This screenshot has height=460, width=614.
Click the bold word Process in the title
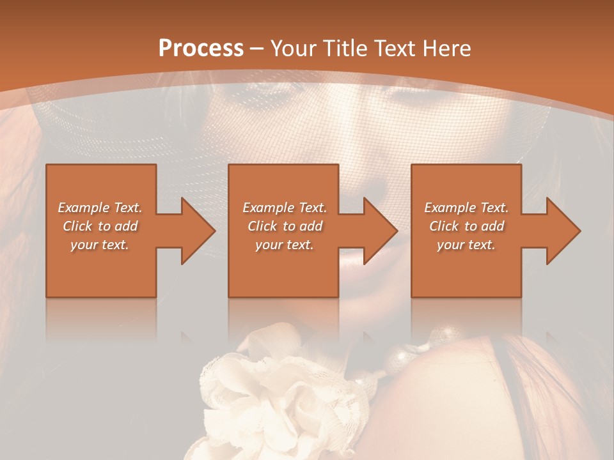pyautogui.click(x=201, y=49)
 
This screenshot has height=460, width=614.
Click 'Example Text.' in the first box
pyautogui.click(x=100, y=208)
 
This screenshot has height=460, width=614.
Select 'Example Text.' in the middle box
pyautogui.click(x=284, y=208)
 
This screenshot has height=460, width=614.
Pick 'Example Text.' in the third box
pyautogui.click(x=466, y=208)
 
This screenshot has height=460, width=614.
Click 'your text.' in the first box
pyautogui.click(x=100, y=245)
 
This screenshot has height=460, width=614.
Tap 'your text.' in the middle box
pyautogui.click(x=284, y=245)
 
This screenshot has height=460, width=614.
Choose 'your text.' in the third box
pyautogui.click(x=466, y=245)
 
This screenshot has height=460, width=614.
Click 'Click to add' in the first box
pyautogui.click(x=100, y=226)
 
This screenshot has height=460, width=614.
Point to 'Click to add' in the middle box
pyautogui.click(x=284, y=226)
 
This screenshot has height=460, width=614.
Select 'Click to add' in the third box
pyautogui.click(x=466, y=226)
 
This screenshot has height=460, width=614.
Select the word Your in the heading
pyautogui.click(x=294, y=49)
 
